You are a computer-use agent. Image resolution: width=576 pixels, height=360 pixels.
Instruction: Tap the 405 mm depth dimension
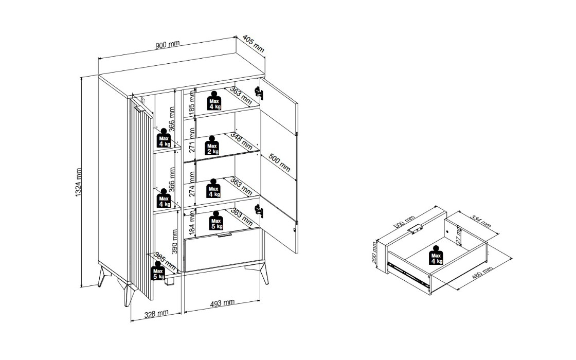254,44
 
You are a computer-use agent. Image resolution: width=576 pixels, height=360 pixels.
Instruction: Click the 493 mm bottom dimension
222,303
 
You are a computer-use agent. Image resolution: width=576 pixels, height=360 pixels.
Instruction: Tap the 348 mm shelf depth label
241,141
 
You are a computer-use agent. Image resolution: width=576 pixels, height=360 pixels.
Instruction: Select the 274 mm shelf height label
192,183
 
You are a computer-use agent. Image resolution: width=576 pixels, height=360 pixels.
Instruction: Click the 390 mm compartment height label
175,242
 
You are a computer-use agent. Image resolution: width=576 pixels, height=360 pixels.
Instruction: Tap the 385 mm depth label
164,260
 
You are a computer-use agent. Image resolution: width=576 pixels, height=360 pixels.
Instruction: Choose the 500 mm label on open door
280,162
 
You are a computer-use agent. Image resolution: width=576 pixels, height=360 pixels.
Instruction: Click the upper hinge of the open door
259,93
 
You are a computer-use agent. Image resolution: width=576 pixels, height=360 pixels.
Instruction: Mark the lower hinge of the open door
259,210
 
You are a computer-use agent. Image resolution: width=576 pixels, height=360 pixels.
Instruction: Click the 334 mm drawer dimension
481,221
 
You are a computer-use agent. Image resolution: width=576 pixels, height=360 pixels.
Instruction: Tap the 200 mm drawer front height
374,253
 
